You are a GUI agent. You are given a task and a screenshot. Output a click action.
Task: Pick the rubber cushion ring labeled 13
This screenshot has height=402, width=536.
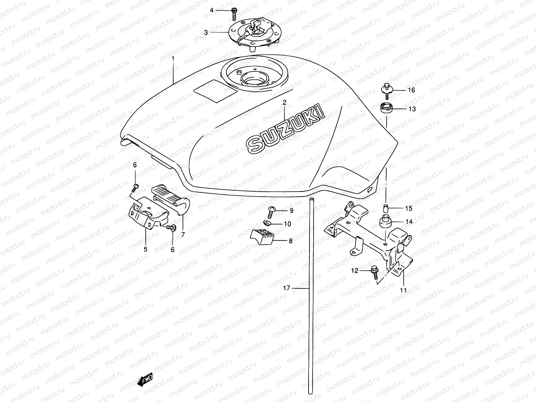pos(387,109)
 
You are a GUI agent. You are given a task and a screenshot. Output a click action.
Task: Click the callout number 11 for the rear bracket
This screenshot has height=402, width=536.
pos(403,290)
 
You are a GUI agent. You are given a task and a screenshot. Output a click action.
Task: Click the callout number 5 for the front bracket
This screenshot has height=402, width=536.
pos(146,249)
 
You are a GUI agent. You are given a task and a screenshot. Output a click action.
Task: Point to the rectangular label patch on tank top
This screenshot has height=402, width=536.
pos(215,90)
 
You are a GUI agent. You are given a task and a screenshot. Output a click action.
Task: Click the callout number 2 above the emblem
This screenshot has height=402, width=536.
pos(284,102)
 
